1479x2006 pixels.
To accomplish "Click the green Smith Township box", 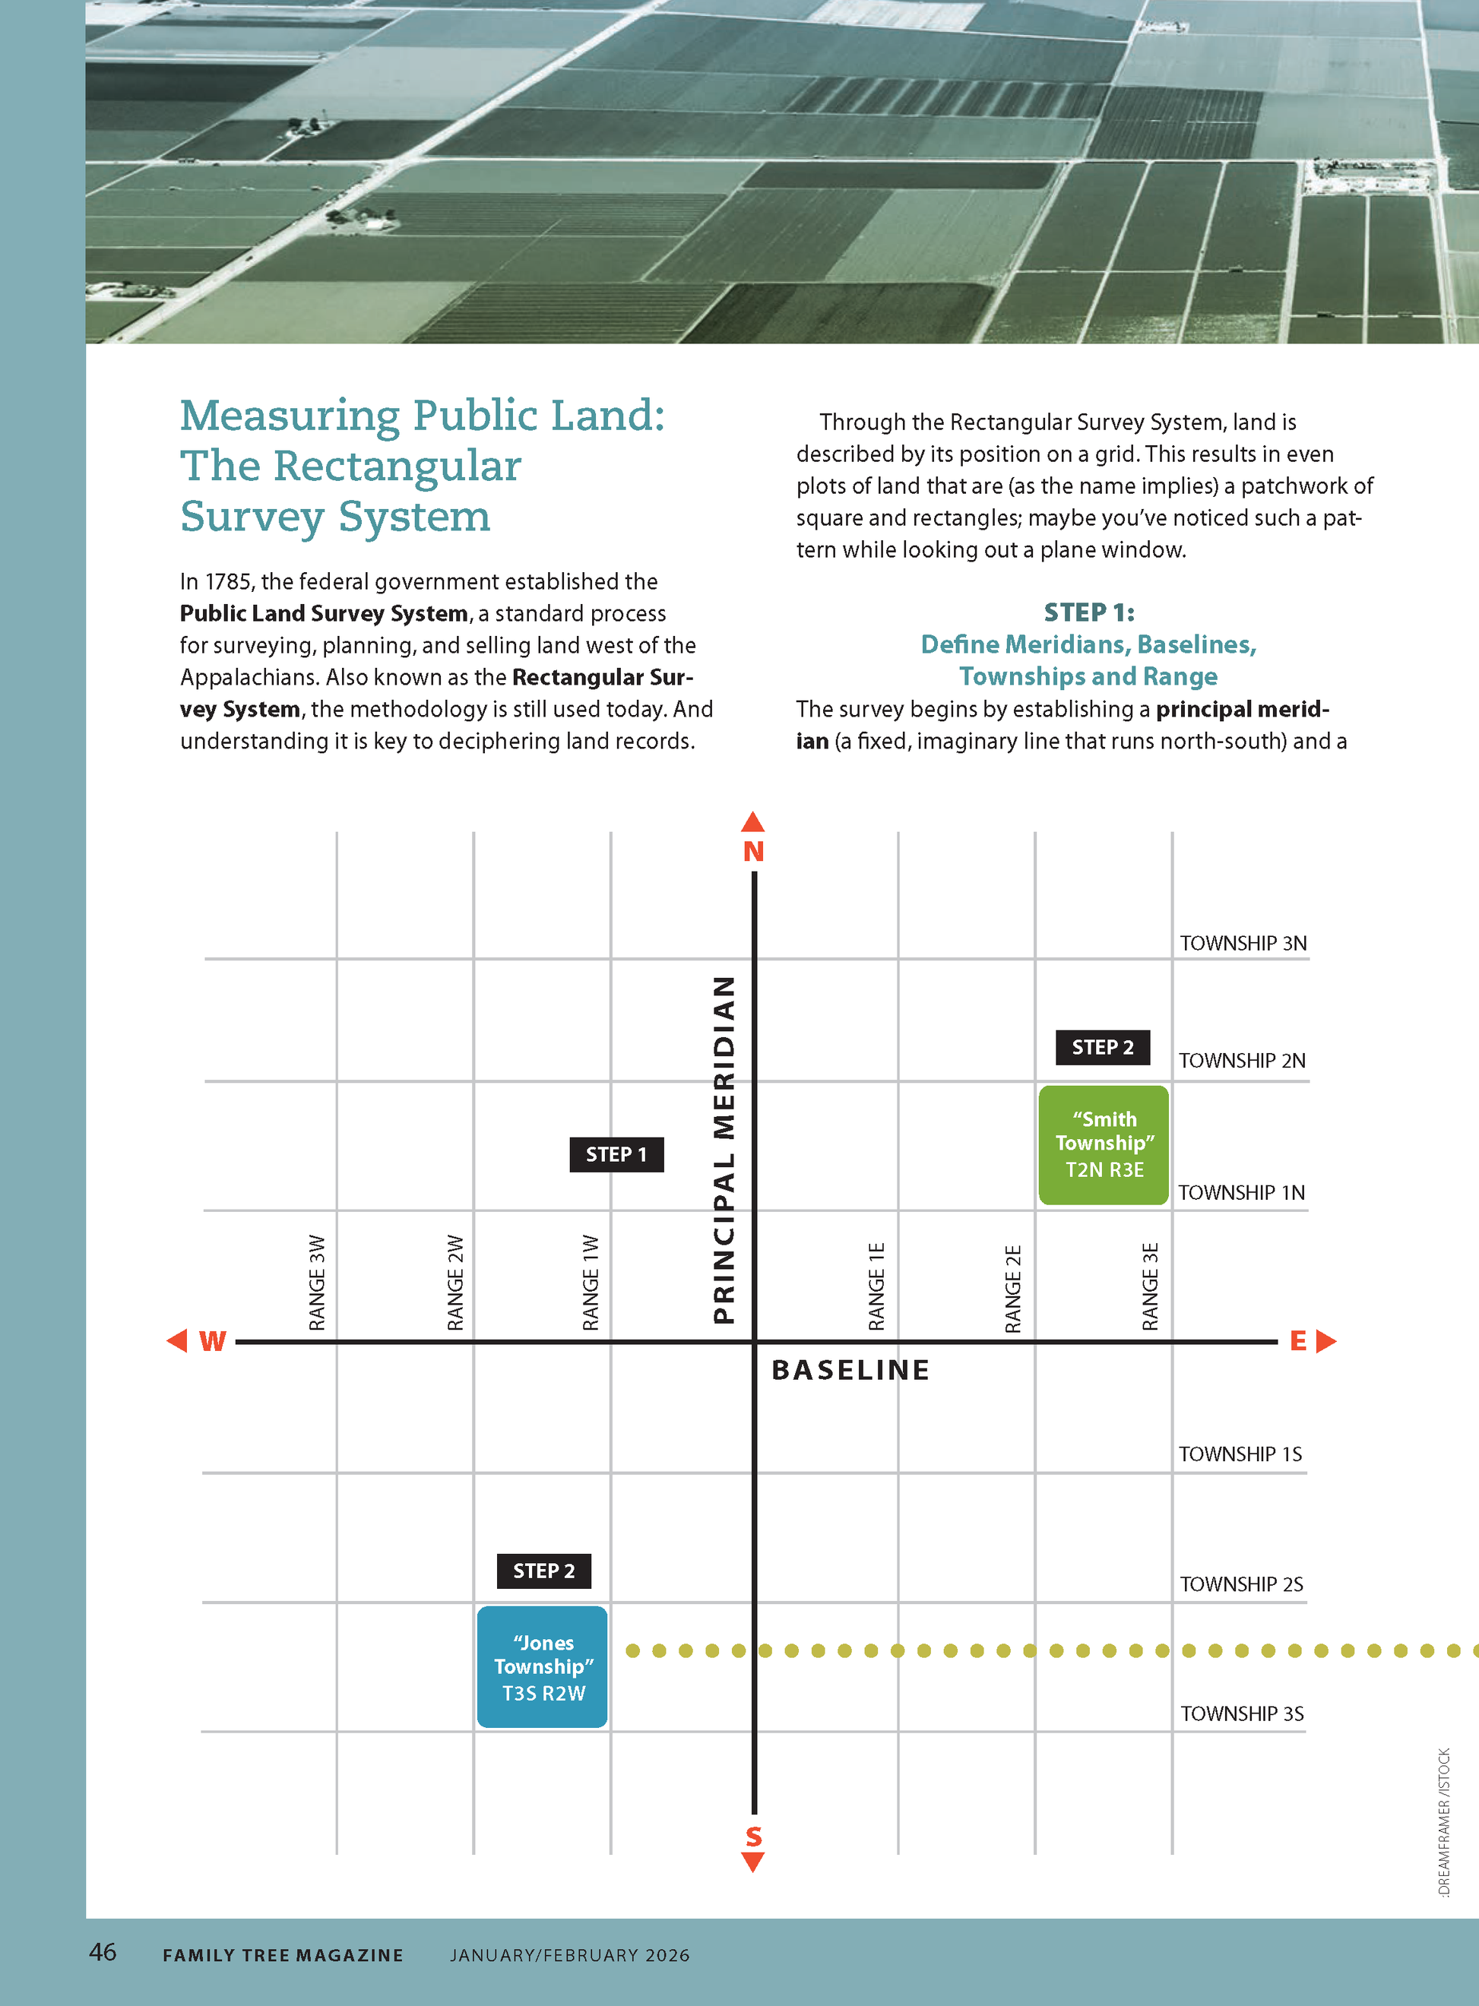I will coord(1103,1144).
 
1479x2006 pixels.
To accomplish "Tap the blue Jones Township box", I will coord(543,1667).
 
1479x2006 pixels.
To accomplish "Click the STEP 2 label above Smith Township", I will coord(1102,1047).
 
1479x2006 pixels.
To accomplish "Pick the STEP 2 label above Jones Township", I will coord(543,1571).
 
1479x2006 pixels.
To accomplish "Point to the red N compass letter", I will coord(753,851).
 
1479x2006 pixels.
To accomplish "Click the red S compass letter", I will coord(753,1837).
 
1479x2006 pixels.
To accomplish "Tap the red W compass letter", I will coord(212,1341).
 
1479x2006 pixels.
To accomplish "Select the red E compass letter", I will coord(1297,1341).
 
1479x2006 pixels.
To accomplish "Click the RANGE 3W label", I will coord(317,1283).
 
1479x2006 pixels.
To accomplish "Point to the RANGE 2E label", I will coord(1012,1288).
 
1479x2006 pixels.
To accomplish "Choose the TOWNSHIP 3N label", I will coord(1243,944).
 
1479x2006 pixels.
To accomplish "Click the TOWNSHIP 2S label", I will coord(1241,1584).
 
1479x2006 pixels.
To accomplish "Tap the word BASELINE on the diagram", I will coord(850,1371).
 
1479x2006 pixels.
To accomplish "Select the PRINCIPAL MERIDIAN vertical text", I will coord(724,1150).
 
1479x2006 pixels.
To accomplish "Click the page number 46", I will coord(103,1951).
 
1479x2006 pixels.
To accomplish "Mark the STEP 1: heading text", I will coord(1088,612).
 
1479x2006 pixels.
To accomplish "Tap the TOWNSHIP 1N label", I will coord(1241,1192).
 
